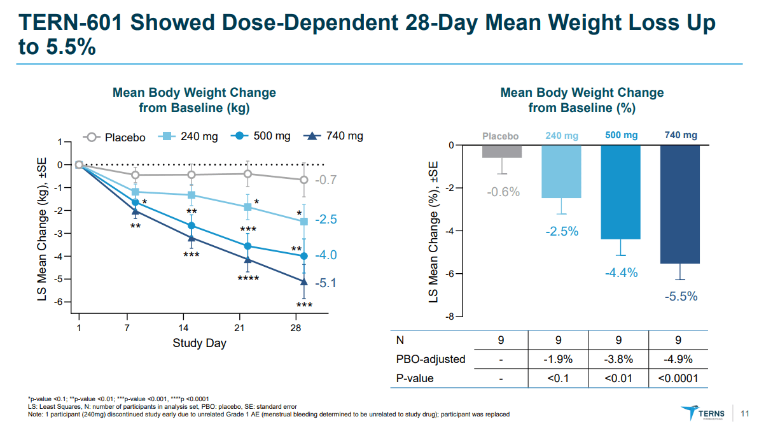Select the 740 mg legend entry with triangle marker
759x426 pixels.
coord(333,136)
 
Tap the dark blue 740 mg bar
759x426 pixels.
coord(681,204)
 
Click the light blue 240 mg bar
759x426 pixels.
coord(561,171)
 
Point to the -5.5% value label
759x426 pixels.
coord(681,296)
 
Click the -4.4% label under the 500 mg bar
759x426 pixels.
coord(621,273)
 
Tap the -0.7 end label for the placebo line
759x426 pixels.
coord(325,180)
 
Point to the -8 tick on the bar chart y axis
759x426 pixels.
coord(449,316)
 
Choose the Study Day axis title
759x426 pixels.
coord(199,344)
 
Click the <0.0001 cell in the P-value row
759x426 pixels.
coord(678,378)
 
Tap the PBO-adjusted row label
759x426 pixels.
coord(431,359)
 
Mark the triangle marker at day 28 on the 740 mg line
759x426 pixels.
coord(304,281)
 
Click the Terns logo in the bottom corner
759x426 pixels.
coord(704,412)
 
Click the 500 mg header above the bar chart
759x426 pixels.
coord(621,136)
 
